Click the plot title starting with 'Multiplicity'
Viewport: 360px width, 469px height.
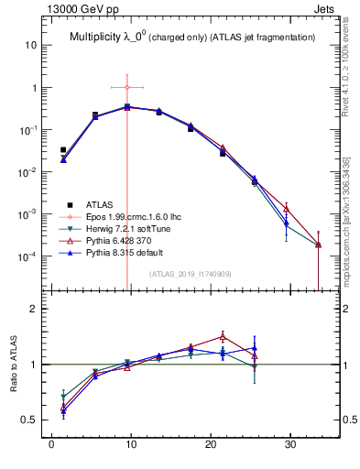192,37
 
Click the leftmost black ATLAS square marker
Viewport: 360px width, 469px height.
63,149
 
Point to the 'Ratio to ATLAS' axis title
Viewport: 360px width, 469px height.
11,364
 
